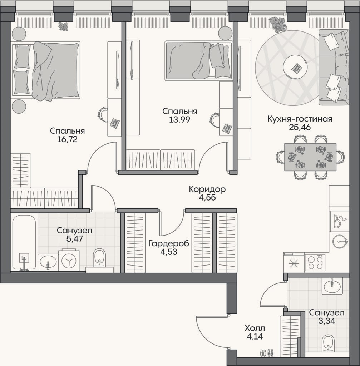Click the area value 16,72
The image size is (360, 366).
pyautogui.click(x=67, y=139)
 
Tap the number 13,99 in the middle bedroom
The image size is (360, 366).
pyautogui.click(x=180, y=119)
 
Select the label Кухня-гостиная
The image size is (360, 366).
pyautogui.click(x=300, y=119)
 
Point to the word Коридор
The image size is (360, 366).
pyautogui.click(x=207, y=189)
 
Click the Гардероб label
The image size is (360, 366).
pyautogui.click(x=169, y=243)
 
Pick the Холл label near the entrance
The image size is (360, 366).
pyautogui.click(x=255, y=328)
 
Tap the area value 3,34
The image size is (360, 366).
pyautogui.click(x=327, y=321)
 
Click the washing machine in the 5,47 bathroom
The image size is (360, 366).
pyautogui.click(x=69, y=260)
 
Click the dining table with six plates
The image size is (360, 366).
pyautogui.click(x=310, y=157)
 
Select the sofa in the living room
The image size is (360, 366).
pyautogui.click(x=334, y=68)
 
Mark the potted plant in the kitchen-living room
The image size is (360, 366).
pyautogui.click(x=278, y=24)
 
